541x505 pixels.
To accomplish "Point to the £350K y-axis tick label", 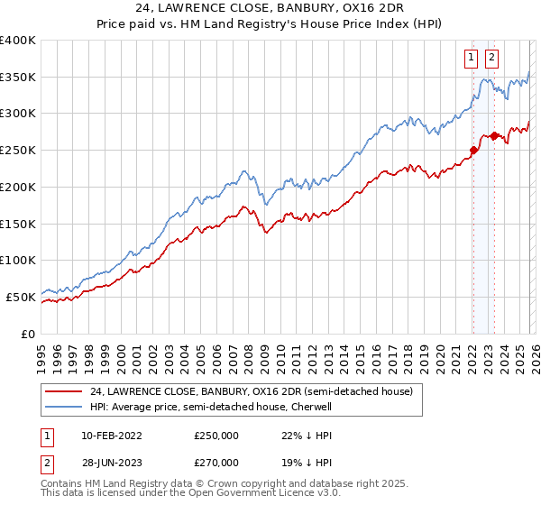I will (18, 78).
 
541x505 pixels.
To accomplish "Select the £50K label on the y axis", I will (21, 297).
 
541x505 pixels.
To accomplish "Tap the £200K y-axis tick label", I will (18, 188).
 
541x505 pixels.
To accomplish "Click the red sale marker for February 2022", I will (472, 151).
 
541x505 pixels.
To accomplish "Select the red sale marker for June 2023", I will (494, 136).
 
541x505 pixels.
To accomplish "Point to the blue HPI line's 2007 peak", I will (243, 170).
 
